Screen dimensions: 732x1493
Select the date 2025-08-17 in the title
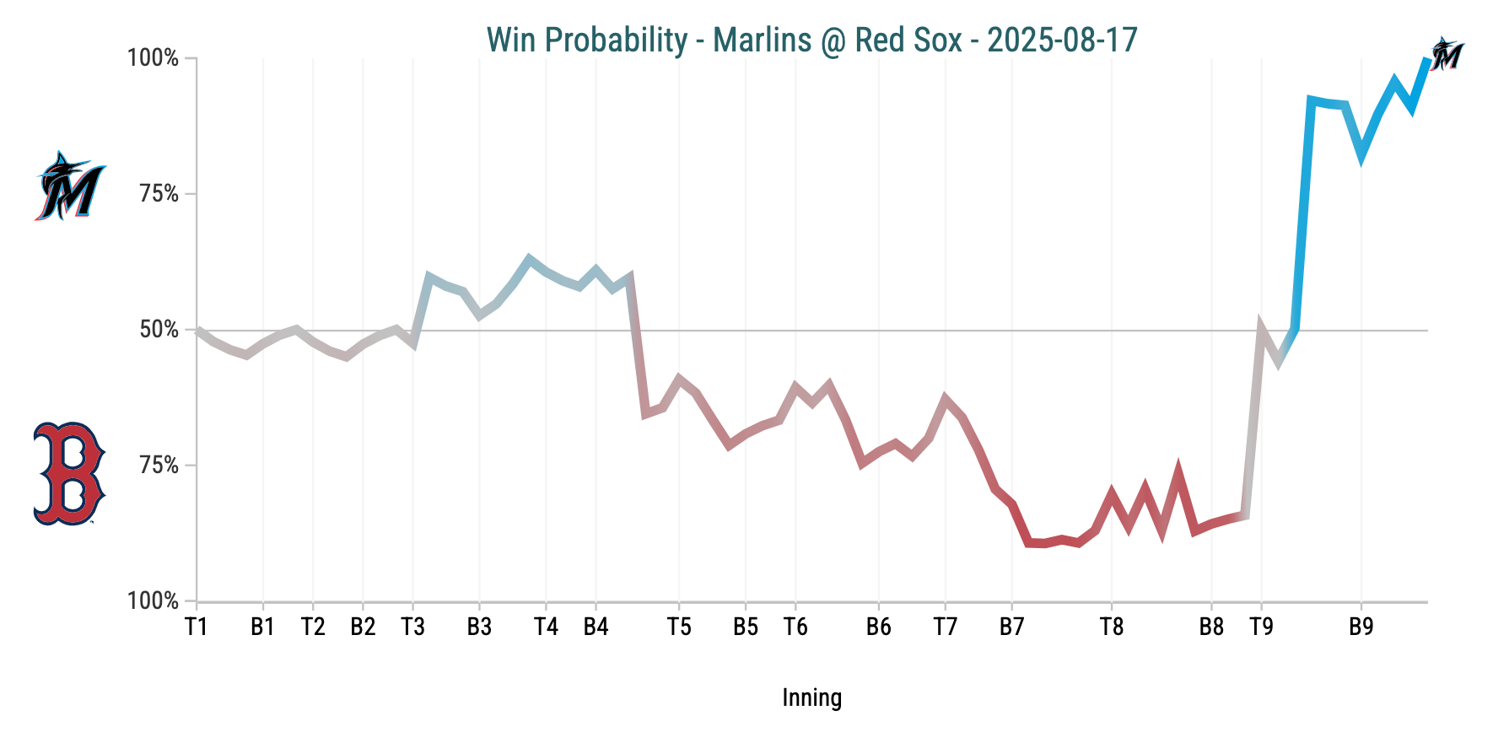1062,40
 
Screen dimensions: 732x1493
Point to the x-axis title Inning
811,697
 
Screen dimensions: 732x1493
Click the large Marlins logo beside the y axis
70,186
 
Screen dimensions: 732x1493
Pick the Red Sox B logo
69,473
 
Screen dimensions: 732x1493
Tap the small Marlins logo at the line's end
1447,55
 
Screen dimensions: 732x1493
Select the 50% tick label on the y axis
159,330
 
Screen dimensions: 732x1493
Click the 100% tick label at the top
153,58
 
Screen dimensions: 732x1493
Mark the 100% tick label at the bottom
153,601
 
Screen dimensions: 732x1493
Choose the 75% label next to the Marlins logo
159,194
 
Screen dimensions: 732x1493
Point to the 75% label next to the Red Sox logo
159,466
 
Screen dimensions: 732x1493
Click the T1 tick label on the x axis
197,627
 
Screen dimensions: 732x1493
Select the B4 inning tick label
596,627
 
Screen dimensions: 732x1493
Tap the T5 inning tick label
679,627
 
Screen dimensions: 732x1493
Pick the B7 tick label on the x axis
1011,627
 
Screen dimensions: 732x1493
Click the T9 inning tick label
1261,627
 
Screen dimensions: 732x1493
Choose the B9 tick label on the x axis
1361,627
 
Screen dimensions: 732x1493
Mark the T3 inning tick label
412,627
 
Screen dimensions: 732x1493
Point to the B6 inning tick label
878,627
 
